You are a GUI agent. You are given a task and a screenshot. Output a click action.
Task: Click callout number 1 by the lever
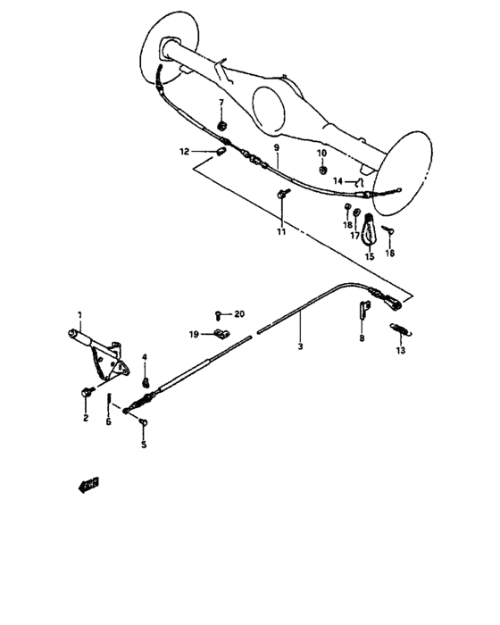coord(79,314)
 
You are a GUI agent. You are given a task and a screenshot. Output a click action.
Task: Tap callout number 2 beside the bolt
coord(86,417)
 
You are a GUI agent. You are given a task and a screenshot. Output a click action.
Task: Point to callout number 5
coord(144,445)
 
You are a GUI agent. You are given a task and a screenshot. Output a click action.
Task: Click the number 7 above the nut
coord(222,103)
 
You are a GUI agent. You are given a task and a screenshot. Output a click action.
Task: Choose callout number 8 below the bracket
coord(362,339)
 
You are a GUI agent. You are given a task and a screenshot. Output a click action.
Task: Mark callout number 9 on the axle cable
coord(277,146)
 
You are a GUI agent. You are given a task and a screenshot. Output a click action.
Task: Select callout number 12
coord(184,152)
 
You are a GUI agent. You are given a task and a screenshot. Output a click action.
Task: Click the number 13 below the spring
coord(401,351)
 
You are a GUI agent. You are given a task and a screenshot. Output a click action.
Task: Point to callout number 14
coord(338,181)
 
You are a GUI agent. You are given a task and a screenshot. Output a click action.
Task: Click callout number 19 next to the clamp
coord(193,334)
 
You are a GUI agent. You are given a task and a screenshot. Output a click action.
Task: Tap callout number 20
coord(238,314)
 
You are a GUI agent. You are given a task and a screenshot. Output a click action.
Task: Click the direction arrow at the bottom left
coord(87,486)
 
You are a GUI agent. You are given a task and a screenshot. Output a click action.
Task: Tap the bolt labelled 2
coord(87,392)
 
